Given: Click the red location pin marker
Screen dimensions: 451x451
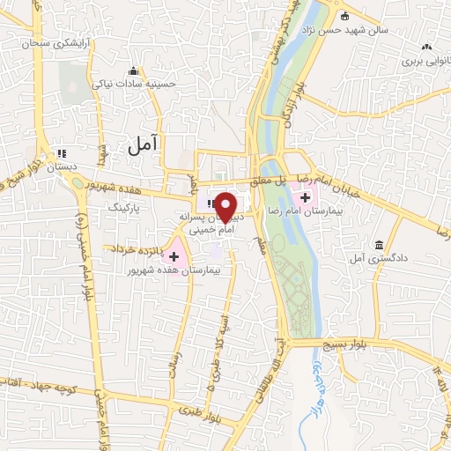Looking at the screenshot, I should (225, 207).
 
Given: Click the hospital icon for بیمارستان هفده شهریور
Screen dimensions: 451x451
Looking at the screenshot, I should (174, 256).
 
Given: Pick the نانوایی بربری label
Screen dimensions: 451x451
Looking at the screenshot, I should (425, 62).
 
